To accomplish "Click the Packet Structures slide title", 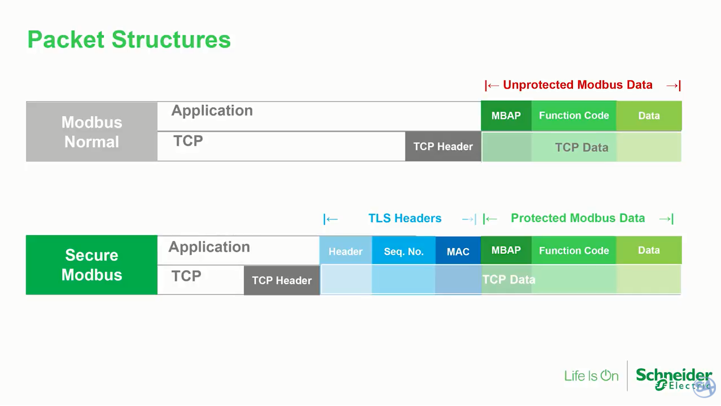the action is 129,40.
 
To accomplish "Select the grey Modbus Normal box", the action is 91,132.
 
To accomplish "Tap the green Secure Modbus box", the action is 91,264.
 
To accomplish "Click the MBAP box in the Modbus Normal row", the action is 506,116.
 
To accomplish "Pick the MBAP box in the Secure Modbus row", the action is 506,250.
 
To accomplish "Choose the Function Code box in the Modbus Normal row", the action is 574,116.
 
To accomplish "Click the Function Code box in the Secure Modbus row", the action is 574,250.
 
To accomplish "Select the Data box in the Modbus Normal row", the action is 649,116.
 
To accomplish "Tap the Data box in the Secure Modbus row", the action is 649,250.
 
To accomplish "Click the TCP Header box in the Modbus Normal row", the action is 443,147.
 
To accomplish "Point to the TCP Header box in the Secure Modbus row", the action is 282,280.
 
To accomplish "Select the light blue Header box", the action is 346,251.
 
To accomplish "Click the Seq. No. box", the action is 404,251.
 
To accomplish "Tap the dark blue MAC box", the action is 458,251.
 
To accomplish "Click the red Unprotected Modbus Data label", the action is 578,85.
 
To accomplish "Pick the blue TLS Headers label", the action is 405,218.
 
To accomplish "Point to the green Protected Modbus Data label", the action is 578,218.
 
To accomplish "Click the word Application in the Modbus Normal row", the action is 212,111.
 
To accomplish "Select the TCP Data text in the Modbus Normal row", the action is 582,148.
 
